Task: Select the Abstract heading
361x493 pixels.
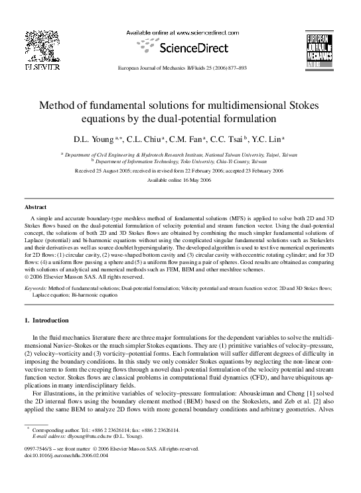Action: [x=35, y=208]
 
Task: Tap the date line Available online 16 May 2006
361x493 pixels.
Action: [x=180, y=180]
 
